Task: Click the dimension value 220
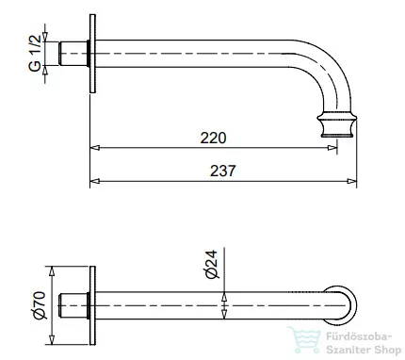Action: (214, 138)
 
